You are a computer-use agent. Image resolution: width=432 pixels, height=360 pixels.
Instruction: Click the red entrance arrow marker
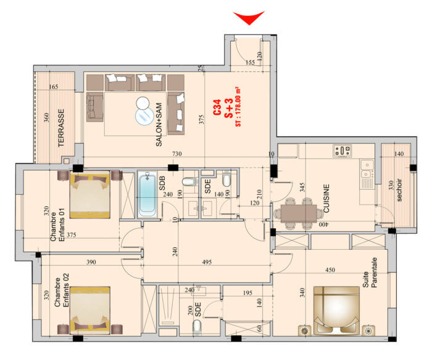pyautogui.click(x=249, y=17)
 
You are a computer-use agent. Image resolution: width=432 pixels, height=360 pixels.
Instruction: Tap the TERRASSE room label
pyautogui.click(x=61, y=128)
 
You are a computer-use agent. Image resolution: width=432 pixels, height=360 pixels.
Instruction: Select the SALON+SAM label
pyautogui.click(x=159, y=125)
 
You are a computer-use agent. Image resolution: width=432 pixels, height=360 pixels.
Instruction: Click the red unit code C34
pyautogui.click(x=217, y=107)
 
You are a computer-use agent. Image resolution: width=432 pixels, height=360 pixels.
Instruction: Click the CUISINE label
pyautogui.click(x=326, y=198)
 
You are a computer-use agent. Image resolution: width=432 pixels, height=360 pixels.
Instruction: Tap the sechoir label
pyautogui.click(x=399, y=190)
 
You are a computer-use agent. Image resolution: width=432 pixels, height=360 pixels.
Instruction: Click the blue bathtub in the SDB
pyautogui.click(x=147, y=195)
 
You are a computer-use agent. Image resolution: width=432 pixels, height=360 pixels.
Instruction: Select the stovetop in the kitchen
pyautogui.click(x=342, y=151)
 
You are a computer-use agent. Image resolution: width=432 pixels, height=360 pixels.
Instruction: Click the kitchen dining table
pyautogui.click(x=299, y=213)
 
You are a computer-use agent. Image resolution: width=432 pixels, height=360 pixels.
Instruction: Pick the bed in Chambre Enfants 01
pyautogui.click(x=90, y=195)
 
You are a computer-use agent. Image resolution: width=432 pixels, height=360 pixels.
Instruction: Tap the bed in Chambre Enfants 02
pyautogui.click(x=90, y=311)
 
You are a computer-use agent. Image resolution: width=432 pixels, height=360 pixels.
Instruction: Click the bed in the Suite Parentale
pyautogui.click(x=336, y=311)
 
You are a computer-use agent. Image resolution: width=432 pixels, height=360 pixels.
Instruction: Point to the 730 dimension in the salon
pyautogui.click(x=177, y=153)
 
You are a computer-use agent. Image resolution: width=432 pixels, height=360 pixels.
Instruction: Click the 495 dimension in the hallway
pyautogui.click(x=207, y=262)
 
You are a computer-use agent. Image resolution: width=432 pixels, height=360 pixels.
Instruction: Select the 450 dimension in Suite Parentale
pyautogui.click(x=330, y=270)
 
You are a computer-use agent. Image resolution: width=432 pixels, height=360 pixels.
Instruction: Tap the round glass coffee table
pyautogui.click(x=144, y=116)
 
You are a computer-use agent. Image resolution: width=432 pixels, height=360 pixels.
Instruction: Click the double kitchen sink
pyautogui.click(x=367, y=169)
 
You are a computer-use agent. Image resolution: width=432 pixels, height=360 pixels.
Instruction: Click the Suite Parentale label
pyautogui.click(x=370, y=272)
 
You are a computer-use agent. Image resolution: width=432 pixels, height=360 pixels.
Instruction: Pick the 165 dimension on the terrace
pyautogui.click(x=54, y=87)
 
